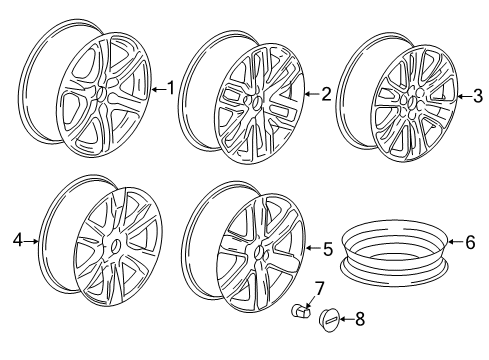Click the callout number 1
point(170,88)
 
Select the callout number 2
point(326,94)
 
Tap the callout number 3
point(476,95)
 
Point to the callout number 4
point(17,240)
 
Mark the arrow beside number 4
point(32,240)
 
